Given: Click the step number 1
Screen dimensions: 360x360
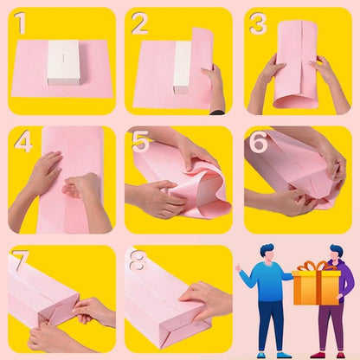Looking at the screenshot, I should pyautogui.click(x=22, y=25).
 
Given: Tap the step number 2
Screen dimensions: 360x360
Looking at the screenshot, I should pyautogui.click(x=139, y=25).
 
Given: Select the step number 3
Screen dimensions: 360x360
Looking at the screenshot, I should pyautogui.click(x=257, y=24).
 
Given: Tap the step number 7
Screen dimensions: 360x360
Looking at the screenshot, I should pyautogui.click(x=21, y=260).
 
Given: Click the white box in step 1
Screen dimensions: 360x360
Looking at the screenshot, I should pyautogui.click(x=61, y=62).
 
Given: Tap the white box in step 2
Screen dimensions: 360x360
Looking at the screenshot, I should pyautogui.click(x=182, y=66).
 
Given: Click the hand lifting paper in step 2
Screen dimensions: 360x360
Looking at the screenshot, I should pyautogui.click(x=215, y=87).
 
